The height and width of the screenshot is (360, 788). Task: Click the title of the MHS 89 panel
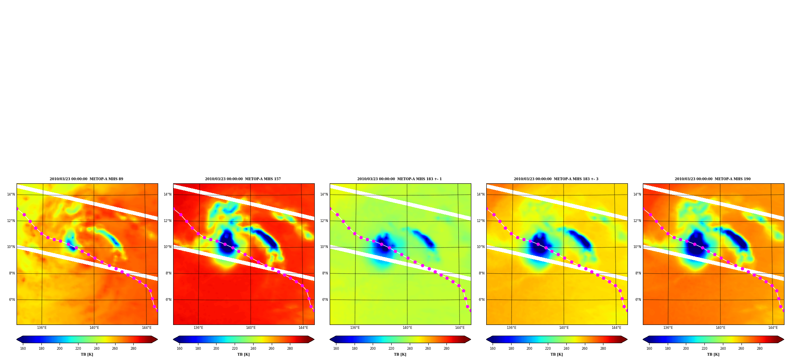pyautogui.click(x=86, y=179)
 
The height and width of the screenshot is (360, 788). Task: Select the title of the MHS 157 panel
pyautogui.click(x=243, y=179)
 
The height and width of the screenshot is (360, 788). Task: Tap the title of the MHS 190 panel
pyautogui.click(x=713, y=179)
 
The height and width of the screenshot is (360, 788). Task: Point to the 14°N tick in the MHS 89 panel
pyautogui.click(x=11, y=194)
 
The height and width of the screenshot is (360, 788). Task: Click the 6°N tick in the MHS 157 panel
pyautogui.click(x=168, y=300)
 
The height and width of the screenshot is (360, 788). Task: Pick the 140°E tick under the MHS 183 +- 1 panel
pyautogui.click(x=407, y=328)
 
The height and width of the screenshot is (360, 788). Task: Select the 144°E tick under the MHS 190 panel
pyautogui.click(x=773, y=328)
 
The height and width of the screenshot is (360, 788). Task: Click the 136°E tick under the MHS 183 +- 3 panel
pyautogui.click(x=512, y=328)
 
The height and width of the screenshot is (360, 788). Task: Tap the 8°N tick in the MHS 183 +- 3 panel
pyautogui.click(x=482, y=273)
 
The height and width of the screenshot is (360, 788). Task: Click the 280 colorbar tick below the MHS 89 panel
pyautogui.click(x=133, y=349)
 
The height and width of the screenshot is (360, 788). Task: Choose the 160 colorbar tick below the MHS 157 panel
pyautogui.click(x=179, y=349)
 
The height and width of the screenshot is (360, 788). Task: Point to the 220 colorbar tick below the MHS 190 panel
pyautogui.click(x=704, y=349)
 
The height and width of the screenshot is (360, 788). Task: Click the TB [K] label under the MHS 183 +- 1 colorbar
pyautogui.click(x=400, y=354)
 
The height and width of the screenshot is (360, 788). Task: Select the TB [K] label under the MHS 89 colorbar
pyautogui.click(x=87, y=354)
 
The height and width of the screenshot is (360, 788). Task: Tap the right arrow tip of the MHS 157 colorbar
pyautogui.click(x=314, y=339)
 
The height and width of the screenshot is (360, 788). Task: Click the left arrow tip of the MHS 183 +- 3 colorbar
pyautogui.click(x=486, y=339)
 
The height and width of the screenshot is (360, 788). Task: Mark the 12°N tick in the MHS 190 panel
pyautogui.click(x=637, y=221)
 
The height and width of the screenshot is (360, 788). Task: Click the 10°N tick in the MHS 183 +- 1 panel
pyautogui.click(x=324, y=247)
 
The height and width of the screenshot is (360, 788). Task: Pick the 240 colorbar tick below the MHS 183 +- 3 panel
pyautogui.click(x=566, y=349)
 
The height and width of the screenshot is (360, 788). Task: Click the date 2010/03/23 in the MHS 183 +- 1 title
pyautogui.click(x=368, y=179)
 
